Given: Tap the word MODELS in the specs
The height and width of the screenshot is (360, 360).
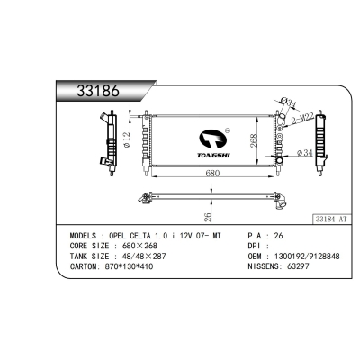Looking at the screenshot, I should (x=86, y=234).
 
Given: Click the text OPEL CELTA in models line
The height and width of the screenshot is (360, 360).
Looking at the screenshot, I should (x=141, y=234).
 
